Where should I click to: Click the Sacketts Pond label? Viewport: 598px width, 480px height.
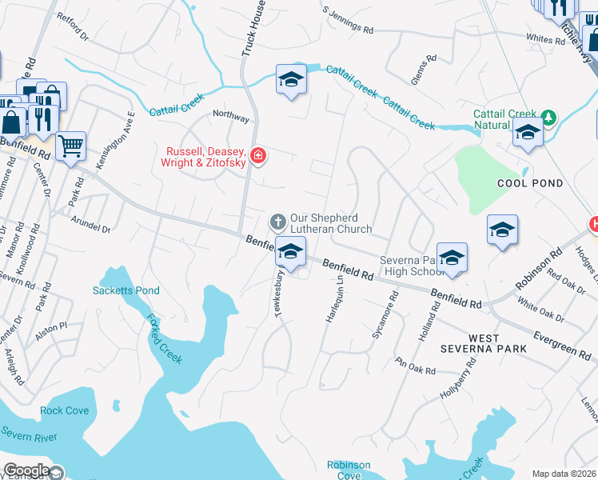pyautogui.click(x=126, y=290)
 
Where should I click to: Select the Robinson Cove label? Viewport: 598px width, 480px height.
pyautogui.click(x=349, y=470)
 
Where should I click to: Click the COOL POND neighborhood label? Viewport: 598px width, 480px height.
pyautogui.click(x=529, y=183)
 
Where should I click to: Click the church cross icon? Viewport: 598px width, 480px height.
pyautogui.click(x=277, y=220)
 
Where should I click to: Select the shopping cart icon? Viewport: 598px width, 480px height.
pyautogui.click(x=71, y=146)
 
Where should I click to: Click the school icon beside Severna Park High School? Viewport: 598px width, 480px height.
pyautogui.click(x=452, y=258)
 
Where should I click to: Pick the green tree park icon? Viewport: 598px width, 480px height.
pyautogui.click(x=548, y=118)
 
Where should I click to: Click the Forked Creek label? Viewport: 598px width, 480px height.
pyautogui.click(x=164, y=338)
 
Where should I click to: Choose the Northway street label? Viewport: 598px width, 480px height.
pyautogui.click(x=230, y=115)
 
